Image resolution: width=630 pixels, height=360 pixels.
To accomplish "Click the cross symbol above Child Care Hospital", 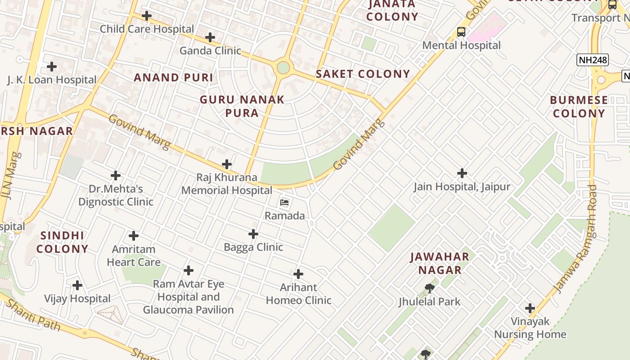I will click(x=147, y=16).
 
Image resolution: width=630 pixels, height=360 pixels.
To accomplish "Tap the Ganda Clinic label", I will click(x=210, y=50).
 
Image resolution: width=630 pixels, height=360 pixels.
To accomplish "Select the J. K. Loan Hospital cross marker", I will click(x=52, y=67).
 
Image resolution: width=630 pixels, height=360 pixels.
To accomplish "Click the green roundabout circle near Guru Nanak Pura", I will click(x=283, y=67).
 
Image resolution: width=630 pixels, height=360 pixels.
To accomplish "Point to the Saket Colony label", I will click(x=363, y=74).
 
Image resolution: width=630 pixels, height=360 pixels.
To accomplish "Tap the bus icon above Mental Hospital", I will click(x=461, y=32).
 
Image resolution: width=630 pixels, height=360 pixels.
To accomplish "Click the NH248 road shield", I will click(x=592, y=60).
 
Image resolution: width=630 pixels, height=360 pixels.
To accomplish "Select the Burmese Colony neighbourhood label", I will click(x=579, y=107).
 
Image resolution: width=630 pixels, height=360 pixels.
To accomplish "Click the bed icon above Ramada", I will click(x=284, y=202).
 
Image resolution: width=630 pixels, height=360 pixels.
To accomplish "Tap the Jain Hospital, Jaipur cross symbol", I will click(x=462, y=173).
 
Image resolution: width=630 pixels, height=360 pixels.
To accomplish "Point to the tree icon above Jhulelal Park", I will click(x=429, y=288).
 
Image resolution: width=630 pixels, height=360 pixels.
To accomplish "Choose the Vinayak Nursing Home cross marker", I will click(x=530, y=308).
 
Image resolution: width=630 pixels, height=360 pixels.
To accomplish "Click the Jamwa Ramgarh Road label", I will click(x=576, y=239).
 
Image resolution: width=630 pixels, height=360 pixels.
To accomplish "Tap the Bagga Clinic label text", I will click(x=253, y=247).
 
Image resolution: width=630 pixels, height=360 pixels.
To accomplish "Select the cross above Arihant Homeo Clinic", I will click(x=298, y=274).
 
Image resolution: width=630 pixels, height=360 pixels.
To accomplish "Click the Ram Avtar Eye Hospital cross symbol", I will click(x=189, y=270).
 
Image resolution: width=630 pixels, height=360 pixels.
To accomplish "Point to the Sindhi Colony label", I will click(x=62, y=242).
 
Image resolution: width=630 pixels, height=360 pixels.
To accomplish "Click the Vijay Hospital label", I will click(x=77, y=299).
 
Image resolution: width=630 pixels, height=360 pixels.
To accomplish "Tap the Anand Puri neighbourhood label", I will click(x=173, y=77).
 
